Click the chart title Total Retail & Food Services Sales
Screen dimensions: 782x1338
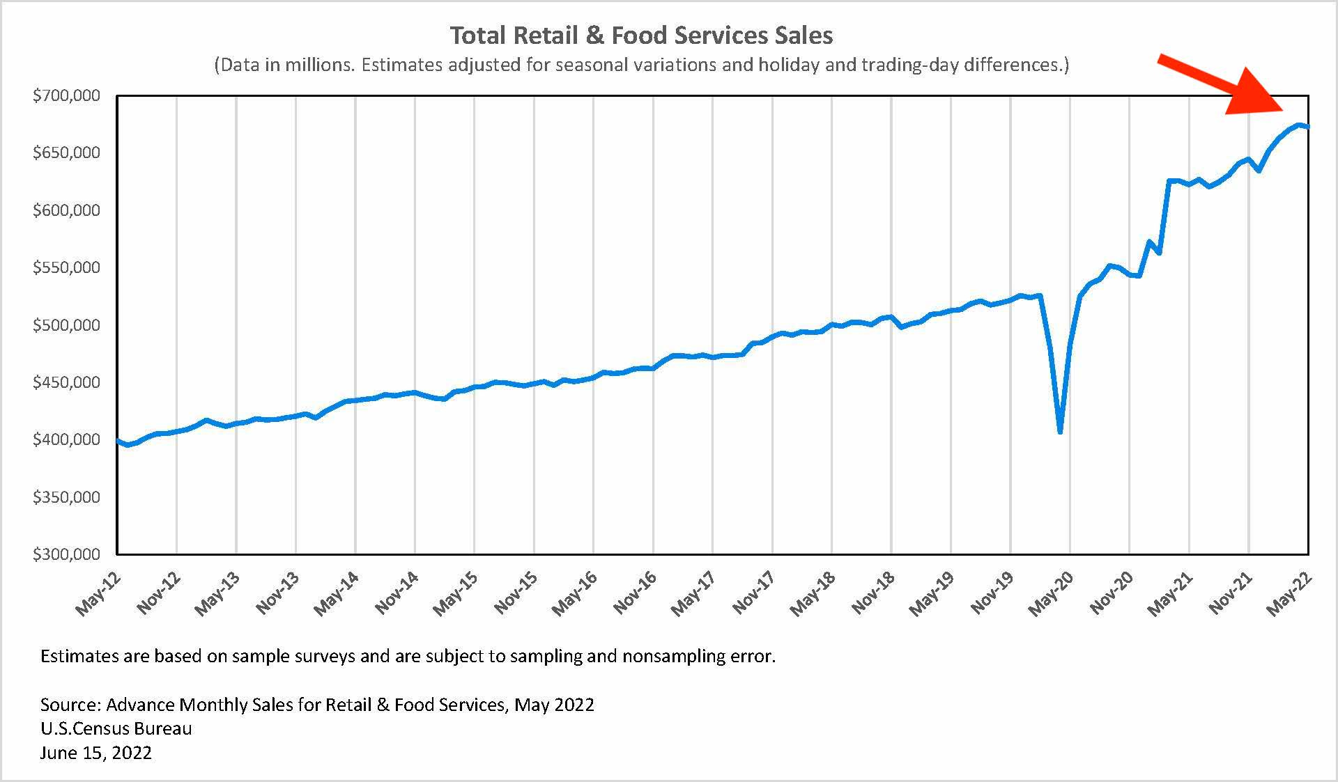click(641, 36)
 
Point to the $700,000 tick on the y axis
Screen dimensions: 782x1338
click(66, 95)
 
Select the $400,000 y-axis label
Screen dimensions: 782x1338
click(66, 439)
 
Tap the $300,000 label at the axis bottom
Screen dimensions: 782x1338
click(66, 554)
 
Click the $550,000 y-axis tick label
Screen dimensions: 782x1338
click(66, 267)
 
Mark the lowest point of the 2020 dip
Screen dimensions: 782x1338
click(1060, 432)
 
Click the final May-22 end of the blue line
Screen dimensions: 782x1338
click(1308, 127)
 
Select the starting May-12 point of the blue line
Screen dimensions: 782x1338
click(117, 440)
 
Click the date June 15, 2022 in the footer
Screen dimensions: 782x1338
click(96, 753)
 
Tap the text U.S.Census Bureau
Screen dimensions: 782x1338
click(116, 728)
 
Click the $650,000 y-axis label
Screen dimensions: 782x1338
click(66, 153)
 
